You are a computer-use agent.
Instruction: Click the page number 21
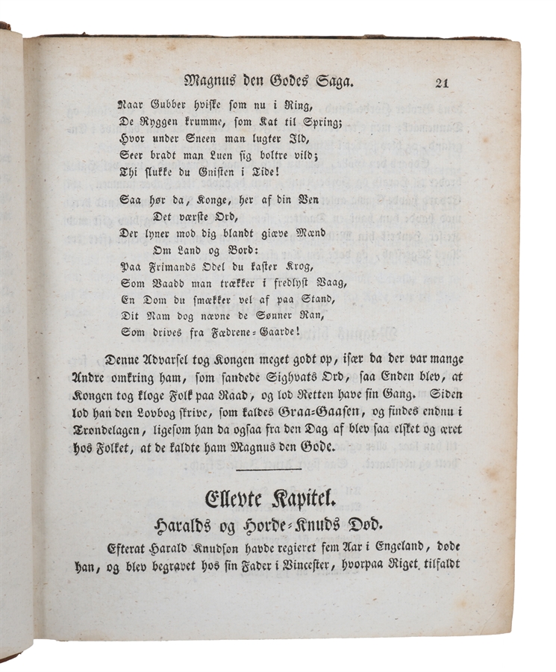441,83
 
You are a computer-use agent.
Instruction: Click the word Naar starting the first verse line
131,106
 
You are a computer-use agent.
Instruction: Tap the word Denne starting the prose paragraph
128,358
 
